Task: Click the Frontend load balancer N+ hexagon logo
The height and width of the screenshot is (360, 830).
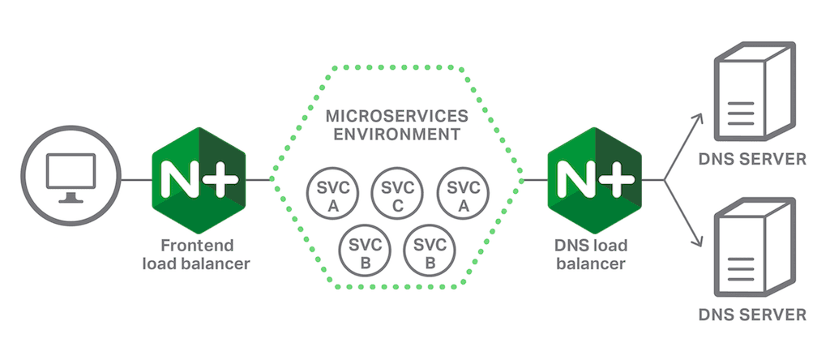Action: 199,178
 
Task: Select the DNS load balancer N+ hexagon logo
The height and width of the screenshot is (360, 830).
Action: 594,178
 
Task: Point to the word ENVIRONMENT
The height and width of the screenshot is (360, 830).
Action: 397,134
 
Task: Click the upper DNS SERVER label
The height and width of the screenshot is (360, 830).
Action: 753,159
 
